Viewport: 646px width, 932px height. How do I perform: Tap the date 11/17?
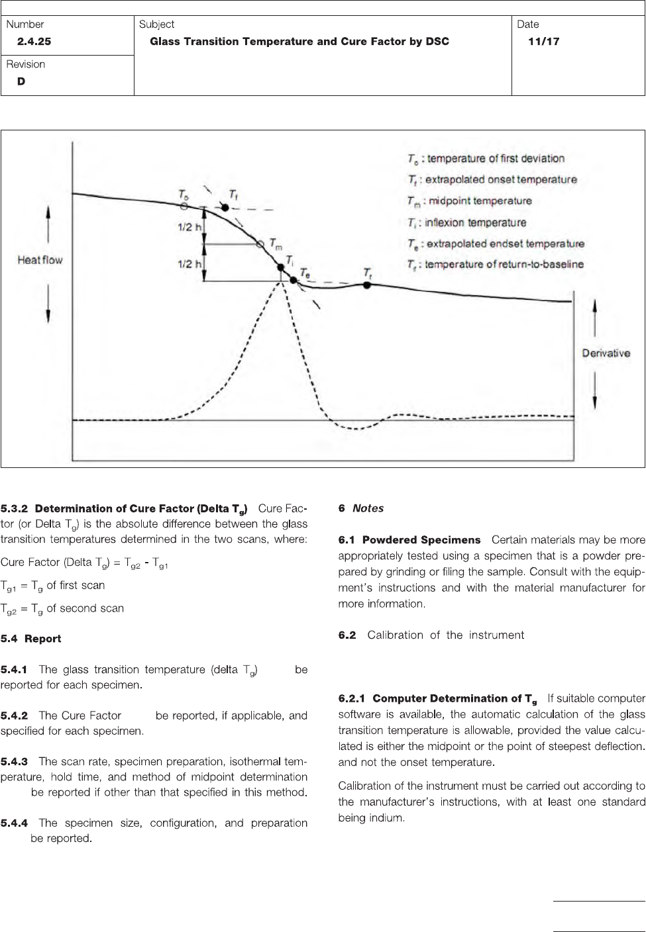click(x=543, y=42)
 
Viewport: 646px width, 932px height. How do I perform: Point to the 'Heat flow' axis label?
click(x=40, y=260)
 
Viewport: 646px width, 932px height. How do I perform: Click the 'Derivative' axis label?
click(x=606, y=353)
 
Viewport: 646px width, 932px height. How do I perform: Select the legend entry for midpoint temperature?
click(x=469, y=201)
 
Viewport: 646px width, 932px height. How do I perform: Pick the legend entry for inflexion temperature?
click(x=466, y=222)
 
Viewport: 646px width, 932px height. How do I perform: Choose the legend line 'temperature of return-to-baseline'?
click(x=495, y=265)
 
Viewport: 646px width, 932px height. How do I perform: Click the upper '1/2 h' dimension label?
click(x=189, y=226)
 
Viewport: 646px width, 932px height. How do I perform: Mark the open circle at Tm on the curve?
click(x=260, y=244)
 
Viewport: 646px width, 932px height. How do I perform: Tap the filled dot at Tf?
click(x=225, y=208)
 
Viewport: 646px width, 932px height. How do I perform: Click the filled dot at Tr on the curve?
click(x=367, y=285)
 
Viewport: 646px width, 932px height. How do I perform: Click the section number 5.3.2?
click(x=15, y=509)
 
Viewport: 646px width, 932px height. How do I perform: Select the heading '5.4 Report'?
click(x=30, y=639)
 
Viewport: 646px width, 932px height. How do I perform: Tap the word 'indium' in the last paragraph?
click(x=387, y=818)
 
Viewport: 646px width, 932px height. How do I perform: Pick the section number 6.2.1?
click(x=352, y=698)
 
